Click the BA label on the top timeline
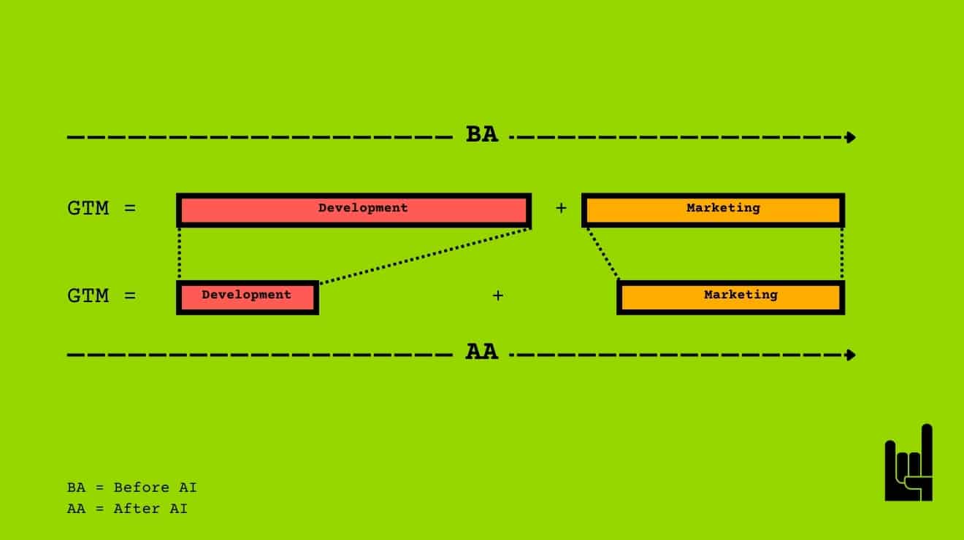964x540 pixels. coord(482,135)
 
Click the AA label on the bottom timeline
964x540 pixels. coord(482,352)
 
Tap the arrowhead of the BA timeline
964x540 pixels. coord(850,137)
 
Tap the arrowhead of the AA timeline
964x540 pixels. coord(850,355)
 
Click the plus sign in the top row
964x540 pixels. coord(561,209)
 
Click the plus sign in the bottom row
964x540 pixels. coord(498,296)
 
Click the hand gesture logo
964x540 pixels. coord(909,464)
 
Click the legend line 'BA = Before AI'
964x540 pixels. coord(131,487)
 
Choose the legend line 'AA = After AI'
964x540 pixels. coord(127,509)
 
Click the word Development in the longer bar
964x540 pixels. coord(363,208)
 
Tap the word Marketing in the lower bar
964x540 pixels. coord(741,295)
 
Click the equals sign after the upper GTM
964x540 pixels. coord(130,209)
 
